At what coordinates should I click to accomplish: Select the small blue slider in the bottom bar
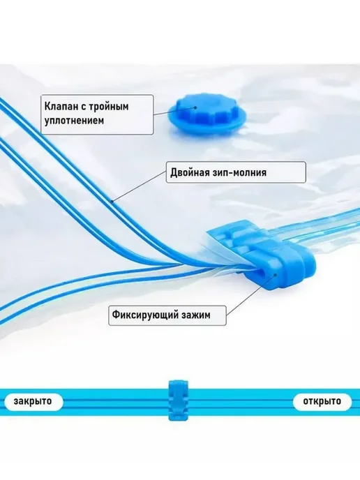(x=178, y=400)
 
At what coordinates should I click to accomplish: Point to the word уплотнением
(x=74, y=120)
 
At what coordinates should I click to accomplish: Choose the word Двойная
(x=189, y=172)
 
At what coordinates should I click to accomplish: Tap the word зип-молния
(x=239, y=172)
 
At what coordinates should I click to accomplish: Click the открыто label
(x=322, y=401)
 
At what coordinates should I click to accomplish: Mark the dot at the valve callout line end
(x=195, y=107)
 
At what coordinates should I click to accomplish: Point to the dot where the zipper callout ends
(x=112, y=202)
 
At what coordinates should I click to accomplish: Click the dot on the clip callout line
(x=276, y=275)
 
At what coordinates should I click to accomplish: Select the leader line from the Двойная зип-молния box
(x=140, y=187)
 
